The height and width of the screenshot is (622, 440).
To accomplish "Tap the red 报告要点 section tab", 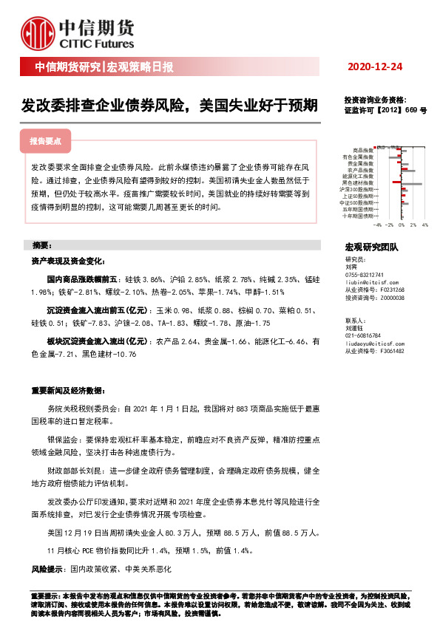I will [45, 140].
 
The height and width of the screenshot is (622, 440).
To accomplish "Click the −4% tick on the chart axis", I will [377, 224].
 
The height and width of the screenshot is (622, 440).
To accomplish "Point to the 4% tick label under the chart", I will [424, 224].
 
